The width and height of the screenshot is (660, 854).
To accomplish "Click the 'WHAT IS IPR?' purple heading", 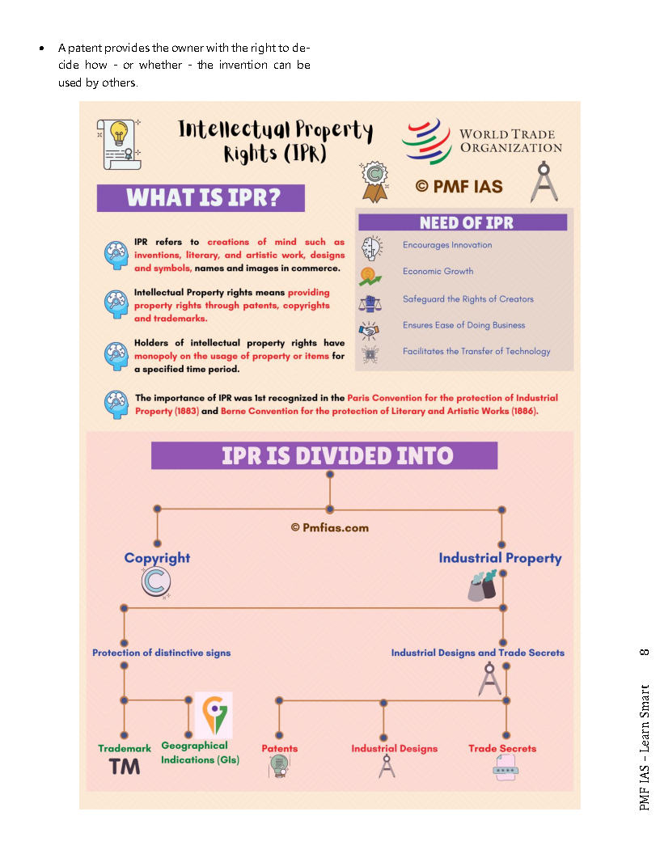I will click(201, 198).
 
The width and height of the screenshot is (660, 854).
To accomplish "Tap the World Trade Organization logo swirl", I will click(426, 141).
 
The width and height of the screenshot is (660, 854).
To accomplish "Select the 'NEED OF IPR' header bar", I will click(465, 222).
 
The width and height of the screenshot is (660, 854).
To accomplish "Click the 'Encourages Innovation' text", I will click(447, 245).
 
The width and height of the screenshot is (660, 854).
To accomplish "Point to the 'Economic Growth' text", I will click(438, 271).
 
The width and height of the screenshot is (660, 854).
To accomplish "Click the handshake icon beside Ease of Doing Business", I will click(370, 328).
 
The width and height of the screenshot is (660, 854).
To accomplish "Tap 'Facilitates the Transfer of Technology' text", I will click(476, 351).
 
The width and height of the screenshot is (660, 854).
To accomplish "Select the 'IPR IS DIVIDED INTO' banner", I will click(324, 456).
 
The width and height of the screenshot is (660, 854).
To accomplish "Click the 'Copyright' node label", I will click(157, 557).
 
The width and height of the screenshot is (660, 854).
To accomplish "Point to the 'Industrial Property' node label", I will click(500, 558).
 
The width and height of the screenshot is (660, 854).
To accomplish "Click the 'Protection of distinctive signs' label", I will click(161, 653).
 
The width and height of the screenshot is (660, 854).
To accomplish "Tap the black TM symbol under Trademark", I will click(125, 766).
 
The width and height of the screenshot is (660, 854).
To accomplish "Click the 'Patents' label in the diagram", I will click(279, 748).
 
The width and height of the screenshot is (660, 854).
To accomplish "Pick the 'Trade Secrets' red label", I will click(501, 748).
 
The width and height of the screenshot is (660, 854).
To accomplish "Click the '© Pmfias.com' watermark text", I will click(329, 527).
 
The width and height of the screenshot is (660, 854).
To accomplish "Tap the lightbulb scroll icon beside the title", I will click(119, 143).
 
